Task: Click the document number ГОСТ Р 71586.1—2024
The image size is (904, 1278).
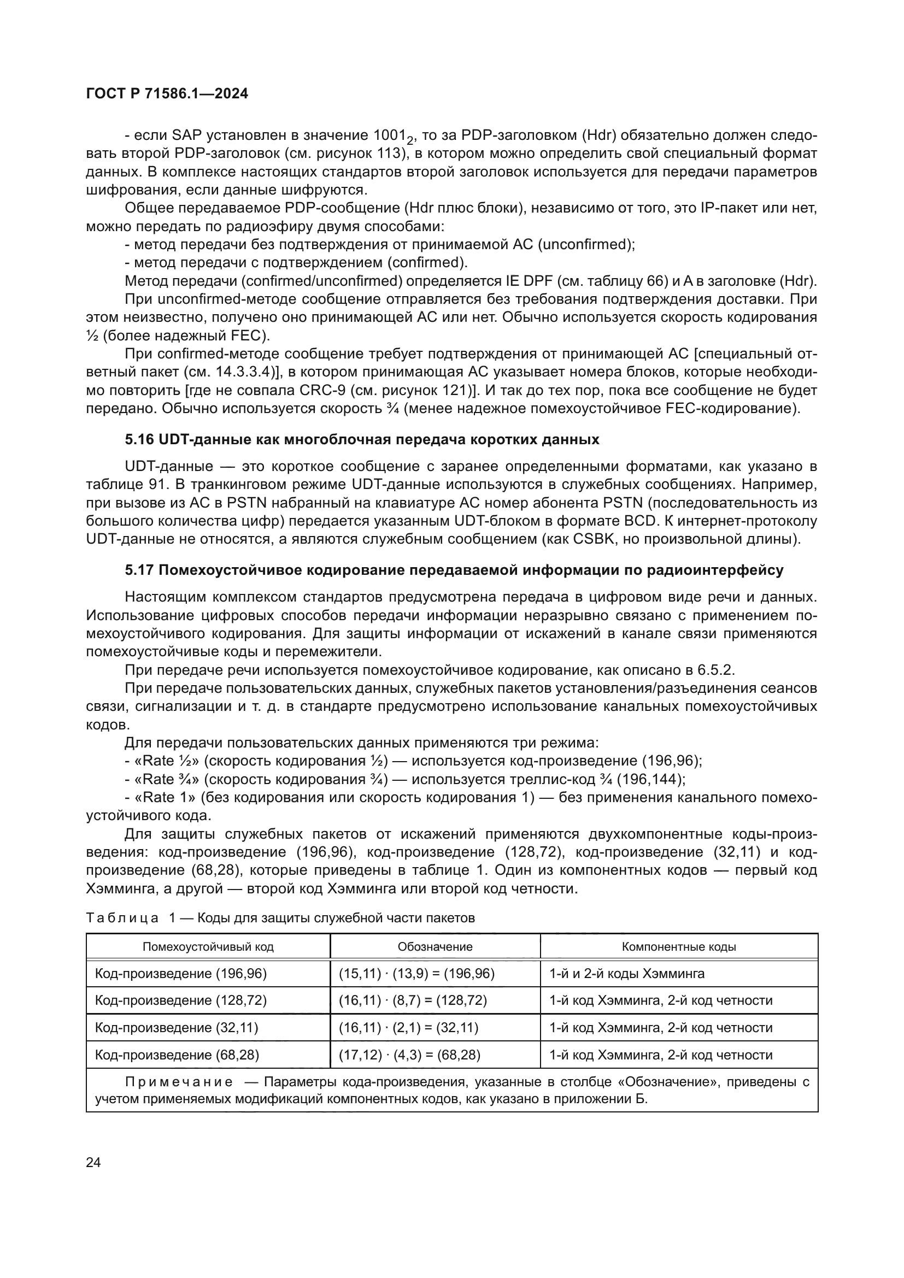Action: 167,94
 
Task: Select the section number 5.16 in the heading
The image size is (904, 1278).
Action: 140,440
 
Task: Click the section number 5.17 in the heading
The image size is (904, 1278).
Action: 139,570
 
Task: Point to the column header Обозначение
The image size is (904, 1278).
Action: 435,947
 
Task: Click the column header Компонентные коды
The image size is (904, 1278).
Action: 679,947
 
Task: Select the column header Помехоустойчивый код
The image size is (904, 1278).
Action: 208,947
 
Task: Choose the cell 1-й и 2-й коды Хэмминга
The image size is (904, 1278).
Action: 627,974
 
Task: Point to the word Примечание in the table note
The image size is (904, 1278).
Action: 179,1082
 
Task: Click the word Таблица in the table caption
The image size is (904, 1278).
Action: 122,918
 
